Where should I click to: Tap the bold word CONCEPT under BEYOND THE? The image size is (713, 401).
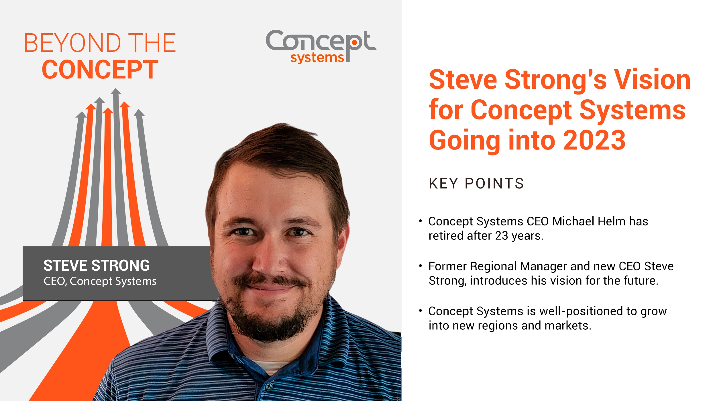[100, 70]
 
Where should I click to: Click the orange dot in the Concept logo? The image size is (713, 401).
[355, 43]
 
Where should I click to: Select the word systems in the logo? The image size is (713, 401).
[317, 58]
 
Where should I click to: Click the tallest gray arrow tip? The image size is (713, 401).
[116, 91]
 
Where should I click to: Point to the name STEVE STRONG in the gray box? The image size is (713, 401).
[97, 266]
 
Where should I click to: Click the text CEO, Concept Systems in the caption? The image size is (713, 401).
[100, 281]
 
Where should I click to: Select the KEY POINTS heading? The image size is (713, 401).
[476, 184]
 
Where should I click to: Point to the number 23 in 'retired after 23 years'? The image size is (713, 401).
[502, 236]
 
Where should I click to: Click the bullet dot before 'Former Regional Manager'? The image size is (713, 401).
[420, 266]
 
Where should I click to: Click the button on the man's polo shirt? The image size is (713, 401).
[269, 387]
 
